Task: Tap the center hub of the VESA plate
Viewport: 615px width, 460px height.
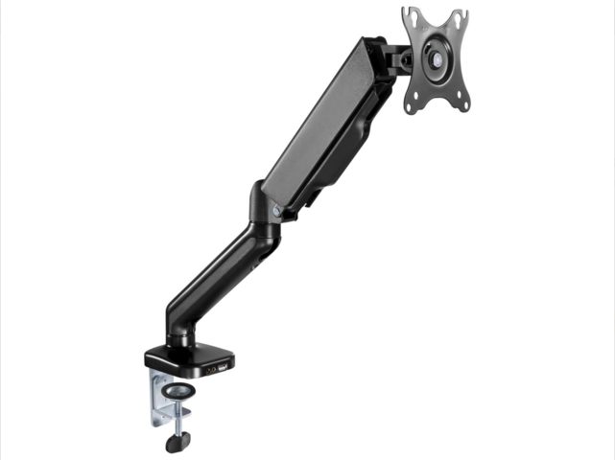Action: point(437,58)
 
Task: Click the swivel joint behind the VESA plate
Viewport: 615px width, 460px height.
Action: point(399,57)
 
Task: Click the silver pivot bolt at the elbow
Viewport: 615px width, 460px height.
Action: point(276,210)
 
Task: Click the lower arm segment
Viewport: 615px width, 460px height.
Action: point(216,273)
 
